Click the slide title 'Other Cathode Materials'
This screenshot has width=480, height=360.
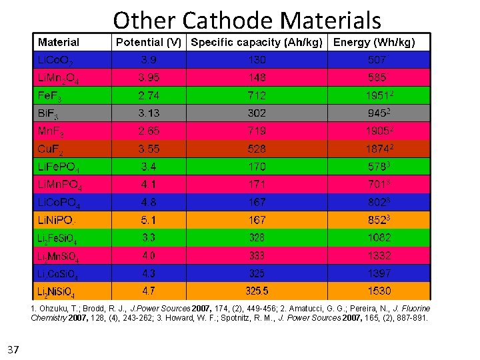tap(247, 20)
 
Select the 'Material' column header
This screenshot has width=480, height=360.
tap(59, 43)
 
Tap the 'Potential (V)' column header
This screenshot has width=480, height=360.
tap(149, 43)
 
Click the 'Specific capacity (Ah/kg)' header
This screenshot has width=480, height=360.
tap(257, 43)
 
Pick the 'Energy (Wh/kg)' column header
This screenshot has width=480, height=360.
tap(374, 43)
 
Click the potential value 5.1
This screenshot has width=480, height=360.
tap(149, 219)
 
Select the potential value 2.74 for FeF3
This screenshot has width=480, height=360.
tap(149, 95)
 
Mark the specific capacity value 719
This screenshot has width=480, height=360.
tap(257, 131)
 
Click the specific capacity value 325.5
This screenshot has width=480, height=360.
tap(257, 291)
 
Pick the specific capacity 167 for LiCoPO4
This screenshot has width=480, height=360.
tap(257, 201)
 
